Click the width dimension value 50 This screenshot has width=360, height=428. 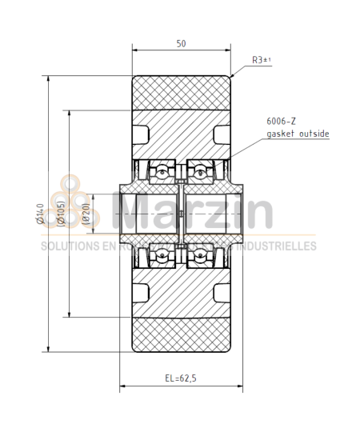tap(182, 44)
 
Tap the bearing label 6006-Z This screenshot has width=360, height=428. tap(281, 121)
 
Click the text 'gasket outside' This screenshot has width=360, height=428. tap(297, 134)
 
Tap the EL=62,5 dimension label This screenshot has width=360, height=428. tap(181, 376)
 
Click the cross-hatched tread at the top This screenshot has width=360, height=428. tap(182, 92)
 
